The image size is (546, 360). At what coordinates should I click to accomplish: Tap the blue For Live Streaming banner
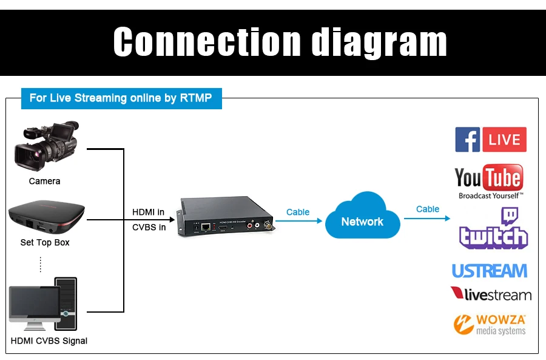(121, 98)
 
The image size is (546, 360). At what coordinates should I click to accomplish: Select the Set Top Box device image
(46, 218)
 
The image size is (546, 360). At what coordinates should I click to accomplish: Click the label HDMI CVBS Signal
(49, 341)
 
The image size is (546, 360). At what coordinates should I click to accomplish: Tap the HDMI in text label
(149, 212)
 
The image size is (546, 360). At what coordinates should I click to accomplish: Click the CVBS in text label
(149, 227)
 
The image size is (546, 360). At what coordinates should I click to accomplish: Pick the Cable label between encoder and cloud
(298, 212)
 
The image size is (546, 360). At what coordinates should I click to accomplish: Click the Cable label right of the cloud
(428, 209)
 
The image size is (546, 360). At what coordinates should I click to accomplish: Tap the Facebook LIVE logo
(491, 140)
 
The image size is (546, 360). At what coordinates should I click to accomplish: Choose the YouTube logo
(489, 180)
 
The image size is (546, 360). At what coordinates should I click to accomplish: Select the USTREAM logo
(490, 270)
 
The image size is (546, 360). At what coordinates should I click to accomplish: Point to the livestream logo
(491, 294)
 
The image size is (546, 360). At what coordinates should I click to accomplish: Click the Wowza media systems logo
(490, 324)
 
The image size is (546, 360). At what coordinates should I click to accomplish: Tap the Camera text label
(44, 181)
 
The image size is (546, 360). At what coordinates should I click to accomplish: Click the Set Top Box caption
(45, 242)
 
